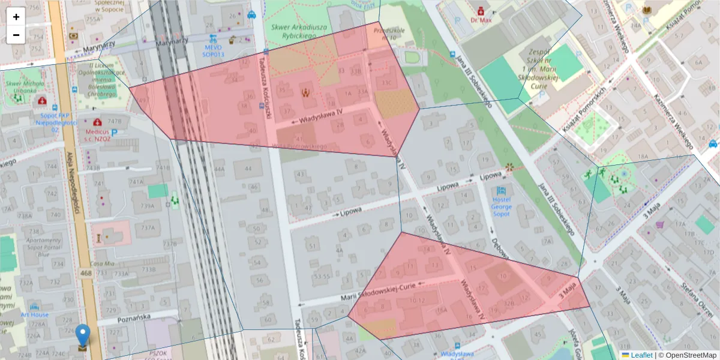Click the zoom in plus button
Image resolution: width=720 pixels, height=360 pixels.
click(16, 17)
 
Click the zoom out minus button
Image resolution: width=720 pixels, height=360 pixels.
click(16, 35)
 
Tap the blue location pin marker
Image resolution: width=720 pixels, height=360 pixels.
click(83, 335)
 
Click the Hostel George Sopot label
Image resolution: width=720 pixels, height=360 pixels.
click(502, 206)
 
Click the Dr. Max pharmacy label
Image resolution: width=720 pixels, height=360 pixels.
click(481, 19)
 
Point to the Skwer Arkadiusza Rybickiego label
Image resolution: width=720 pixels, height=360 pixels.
click(293, 31)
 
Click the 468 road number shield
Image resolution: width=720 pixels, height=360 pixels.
click(86, 274)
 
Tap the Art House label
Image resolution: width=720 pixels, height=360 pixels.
click(34, 314)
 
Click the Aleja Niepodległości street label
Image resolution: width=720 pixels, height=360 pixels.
click(74, 187)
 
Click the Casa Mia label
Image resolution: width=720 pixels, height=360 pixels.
click(101, 263)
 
